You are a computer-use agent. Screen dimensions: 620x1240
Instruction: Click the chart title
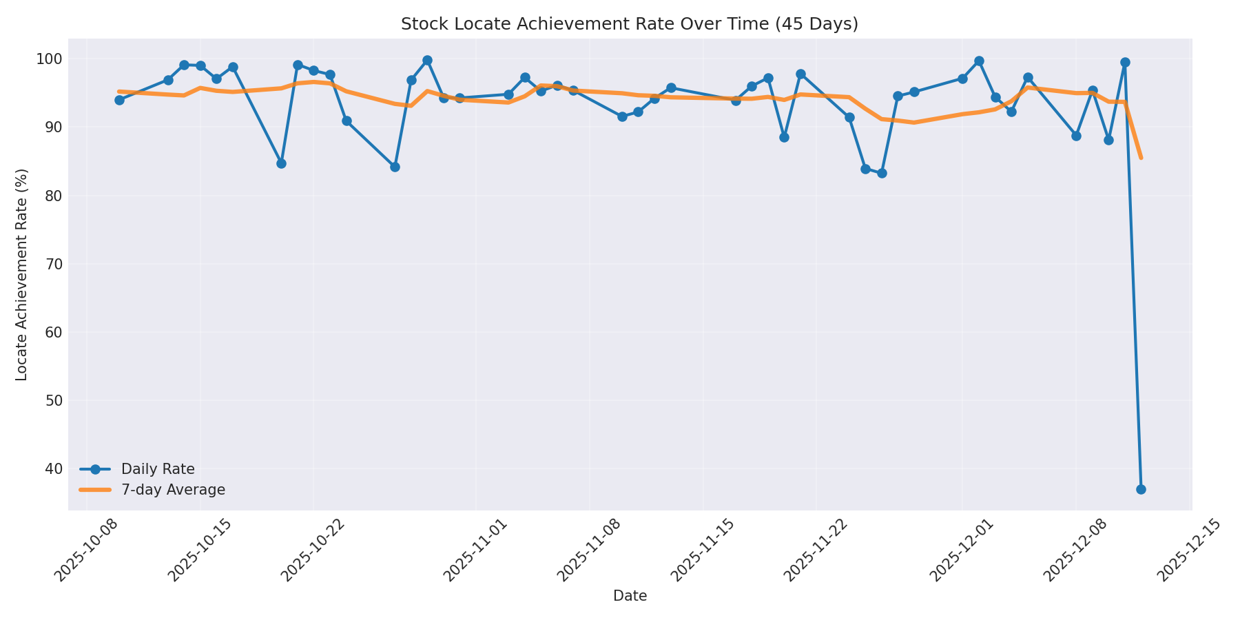coord(629,24)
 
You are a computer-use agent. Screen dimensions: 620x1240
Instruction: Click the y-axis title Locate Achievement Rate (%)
coord(22,274)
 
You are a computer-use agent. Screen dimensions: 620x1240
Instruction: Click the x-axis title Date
coord(630,596)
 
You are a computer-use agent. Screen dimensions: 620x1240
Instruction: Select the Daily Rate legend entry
coord(158,469)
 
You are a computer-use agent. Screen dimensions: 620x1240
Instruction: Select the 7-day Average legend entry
coord(173,490)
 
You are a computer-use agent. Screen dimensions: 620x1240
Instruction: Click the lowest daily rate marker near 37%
coord(1141,489)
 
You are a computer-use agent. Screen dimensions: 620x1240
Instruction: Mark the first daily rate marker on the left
coord(119,100)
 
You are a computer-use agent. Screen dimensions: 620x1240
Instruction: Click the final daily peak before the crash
coord(1125,62)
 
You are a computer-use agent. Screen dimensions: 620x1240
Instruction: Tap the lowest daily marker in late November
coord(882,173)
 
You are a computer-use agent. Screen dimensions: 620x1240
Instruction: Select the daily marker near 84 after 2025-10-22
coord(395,167)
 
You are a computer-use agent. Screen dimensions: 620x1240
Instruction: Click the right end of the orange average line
coord(1141,158)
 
